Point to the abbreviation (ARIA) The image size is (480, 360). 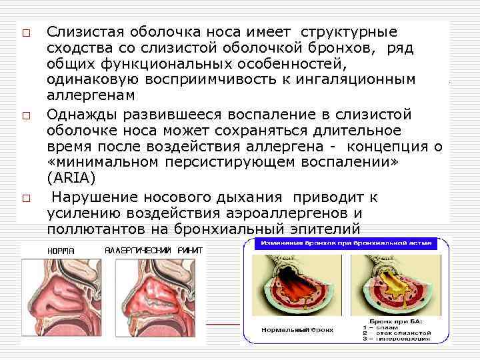(x=71, y=179)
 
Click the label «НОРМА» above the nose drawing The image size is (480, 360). (x=60, y=250)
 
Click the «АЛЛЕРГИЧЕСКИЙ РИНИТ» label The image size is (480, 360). (x=153, y=250)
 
